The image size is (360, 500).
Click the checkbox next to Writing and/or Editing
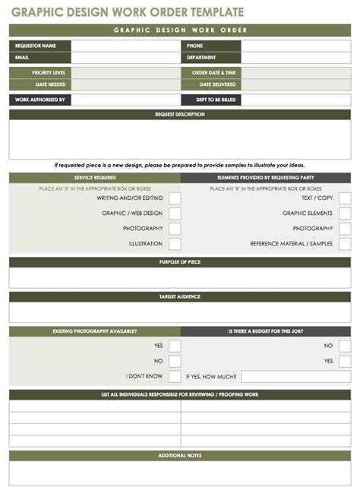pos(175,198)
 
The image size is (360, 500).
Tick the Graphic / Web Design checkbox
pos(175,214)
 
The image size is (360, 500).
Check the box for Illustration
pos(175,244)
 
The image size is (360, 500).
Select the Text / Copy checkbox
pos(345,198)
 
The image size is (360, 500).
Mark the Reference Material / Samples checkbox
pos(345,244)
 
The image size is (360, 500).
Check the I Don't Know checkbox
pos(175,376)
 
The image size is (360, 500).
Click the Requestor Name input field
pos(125,46)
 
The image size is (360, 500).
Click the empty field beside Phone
pos(295,46)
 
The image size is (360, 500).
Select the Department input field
pos(295,58)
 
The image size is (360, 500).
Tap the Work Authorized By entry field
pos(125,100)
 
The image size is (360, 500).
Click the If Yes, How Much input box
pos(295,376)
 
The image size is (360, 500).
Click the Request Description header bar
pos(180,115)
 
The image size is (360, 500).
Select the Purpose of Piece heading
pos(180,262)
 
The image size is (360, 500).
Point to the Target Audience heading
pos(180,297)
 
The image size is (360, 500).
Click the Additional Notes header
pos(180,455)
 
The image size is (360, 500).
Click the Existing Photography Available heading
pos(95,331)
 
